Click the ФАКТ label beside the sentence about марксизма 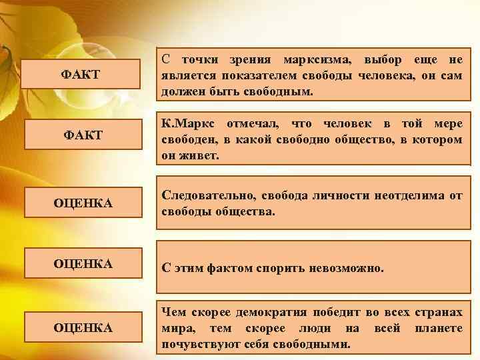(81, 74)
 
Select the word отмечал (250, 125)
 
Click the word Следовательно (209, 195)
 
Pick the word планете (437, 329)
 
